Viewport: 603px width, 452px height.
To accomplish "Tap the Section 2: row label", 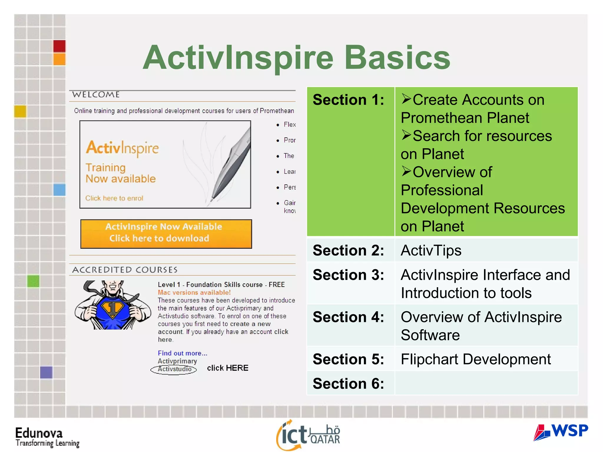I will click(x=348, y=250).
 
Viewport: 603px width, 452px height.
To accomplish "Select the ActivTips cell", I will click(x=431, y=250).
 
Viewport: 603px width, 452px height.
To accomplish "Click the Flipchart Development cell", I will click(x=476, y=359).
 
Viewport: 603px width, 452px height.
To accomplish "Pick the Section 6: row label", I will click(x=348, y=384).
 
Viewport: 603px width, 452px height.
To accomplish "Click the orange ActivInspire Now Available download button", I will click(x=166, y=234).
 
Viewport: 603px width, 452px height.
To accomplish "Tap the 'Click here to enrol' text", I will click(x=114, y=198).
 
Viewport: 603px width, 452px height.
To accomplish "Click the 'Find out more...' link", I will click(x=182, y=353).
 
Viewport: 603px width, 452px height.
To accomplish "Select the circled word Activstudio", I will click(x=174, y=369).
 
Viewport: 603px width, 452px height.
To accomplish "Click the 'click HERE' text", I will click(x=228, y=368).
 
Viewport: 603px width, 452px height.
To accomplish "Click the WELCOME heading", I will click(x=96, y=95).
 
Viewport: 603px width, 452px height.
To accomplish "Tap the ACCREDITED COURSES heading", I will click(x=125, y=270).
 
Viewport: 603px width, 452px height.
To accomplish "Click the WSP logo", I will click(x=561, y=432).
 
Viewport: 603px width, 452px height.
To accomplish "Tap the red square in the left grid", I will click(x=59, y=46).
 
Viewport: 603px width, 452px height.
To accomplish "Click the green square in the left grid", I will click(x=33, y=281).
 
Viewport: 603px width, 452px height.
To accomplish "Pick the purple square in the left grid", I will click(x=46, y=372).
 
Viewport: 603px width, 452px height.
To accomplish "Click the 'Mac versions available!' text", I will click(x=194, y=293).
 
